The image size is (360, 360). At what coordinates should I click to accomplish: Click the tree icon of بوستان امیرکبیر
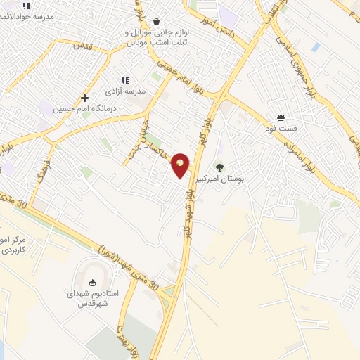pyautogui.click(x=220, y=167)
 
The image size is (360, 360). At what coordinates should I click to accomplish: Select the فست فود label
pyautogui.click(x=281, y=128)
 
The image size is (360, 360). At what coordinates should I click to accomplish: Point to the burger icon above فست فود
pyautogui.click(x=281, y=117)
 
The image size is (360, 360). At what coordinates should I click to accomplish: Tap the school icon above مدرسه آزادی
pyautogui.click(x=126, y=81)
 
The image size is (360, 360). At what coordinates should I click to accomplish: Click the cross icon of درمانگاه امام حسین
pyautogui.click(x=84, y=98)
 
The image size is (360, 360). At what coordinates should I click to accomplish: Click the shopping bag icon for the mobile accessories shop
pyautogui.click(x=155, y=20)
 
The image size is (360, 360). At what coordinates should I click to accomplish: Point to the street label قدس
pyautogui.click(x=83, y=45)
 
